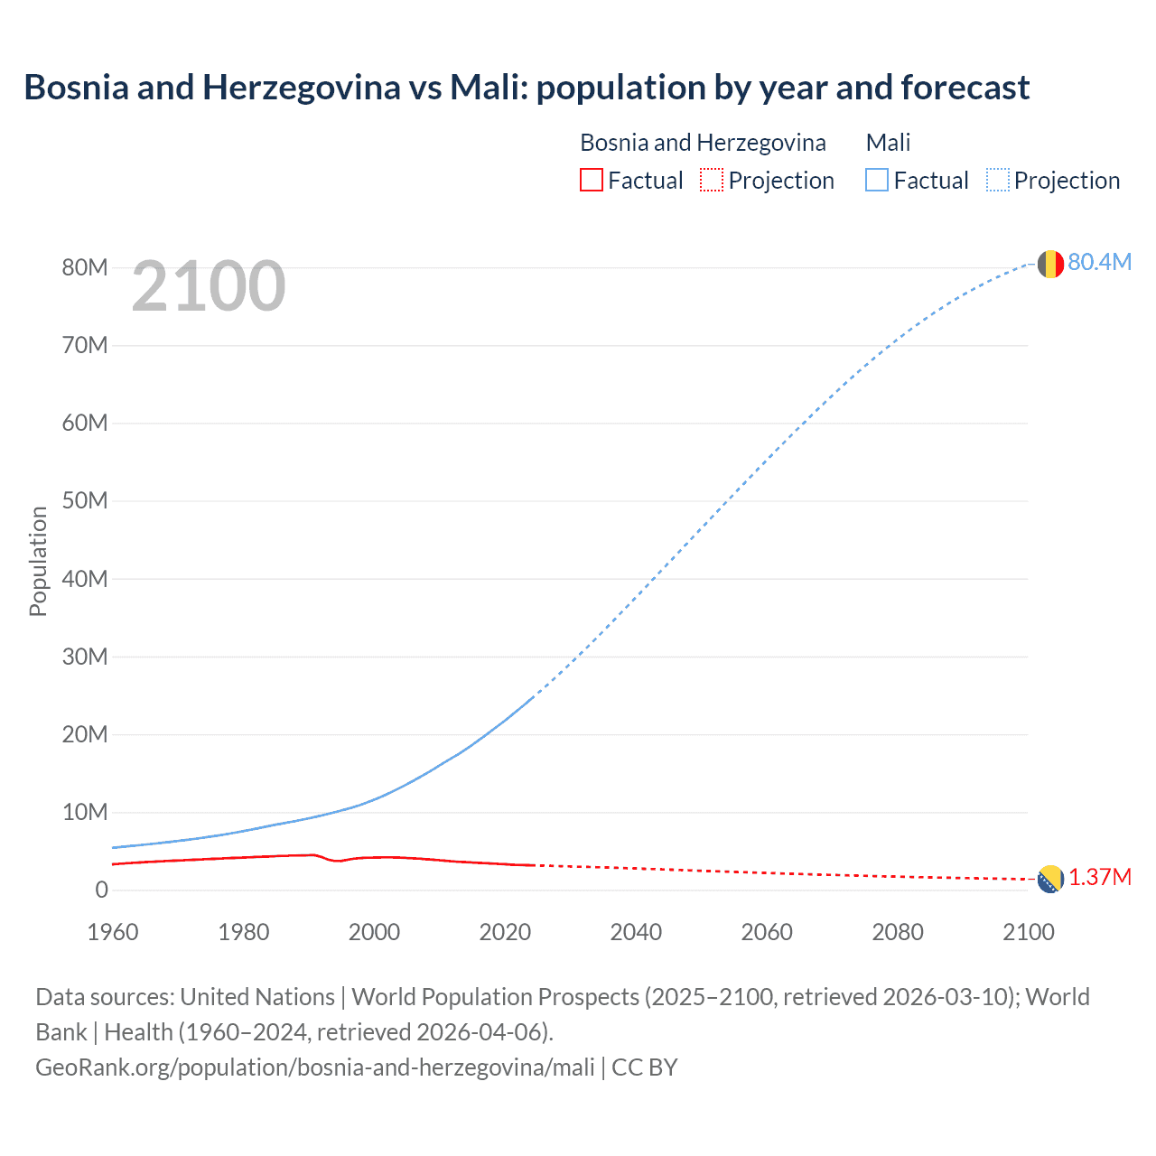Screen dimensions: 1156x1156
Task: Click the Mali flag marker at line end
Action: click(1049, 264)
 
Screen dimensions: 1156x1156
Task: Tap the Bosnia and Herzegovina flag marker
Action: click(1049, 879)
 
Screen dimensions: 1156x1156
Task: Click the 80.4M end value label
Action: click(1099, 262)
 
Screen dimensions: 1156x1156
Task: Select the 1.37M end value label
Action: click(1100, 878)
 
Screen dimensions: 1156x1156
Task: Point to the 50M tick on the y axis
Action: click(85, 501)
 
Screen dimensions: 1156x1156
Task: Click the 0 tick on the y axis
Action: click(101, 890)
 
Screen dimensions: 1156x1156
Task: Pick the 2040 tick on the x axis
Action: click(636, 932)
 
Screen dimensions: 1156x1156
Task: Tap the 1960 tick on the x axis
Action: click(113, 932)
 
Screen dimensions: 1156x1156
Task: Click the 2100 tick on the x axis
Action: click(1028, 932)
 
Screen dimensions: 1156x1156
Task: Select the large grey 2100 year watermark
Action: click(209, 287)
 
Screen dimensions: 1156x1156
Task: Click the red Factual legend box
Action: click(591, 180)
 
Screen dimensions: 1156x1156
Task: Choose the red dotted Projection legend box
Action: click(712, 180)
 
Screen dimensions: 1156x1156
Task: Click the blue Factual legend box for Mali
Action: click(876, 180)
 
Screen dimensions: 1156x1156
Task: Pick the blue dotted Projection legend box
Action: click(997, 180)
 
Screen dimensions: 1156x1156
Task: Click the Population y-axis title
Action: click(38, 561)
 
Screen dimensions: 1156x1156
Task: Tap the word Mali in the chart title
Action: click(488, 88)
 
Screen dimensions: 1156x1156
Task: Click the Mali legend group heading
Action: click(888, 143)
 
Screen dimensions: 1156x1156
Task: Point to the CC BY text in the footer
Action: click(645, 1067)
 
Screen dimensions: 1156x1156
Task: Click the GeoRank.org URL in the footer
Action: click(314, 1067)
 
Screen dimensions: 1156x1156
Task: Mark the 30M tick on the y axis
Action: click(85, 657)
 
